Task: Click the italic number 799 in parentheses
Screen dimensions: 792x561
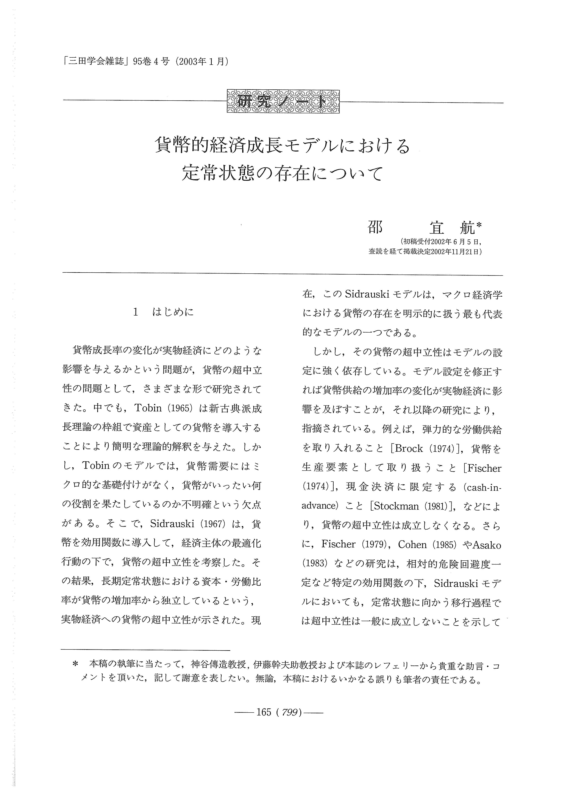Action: pos(289,713)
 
